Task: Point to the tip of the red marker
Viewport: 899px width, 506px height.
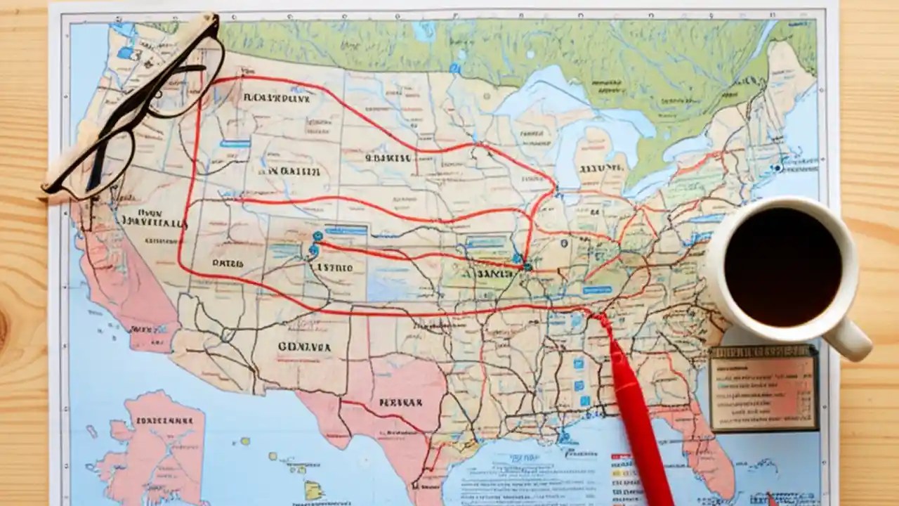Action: pos(601,318)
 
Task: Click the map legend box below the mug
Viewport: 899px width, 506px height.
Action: pos(763,388)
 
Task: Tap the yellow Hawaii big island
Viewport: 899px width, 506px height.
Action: pos(313,489)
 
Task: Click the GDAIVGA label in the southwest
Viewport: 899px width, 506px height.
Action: pos(303,346)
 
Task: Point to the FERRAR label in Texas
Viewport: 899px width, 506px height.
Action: pos(400,403)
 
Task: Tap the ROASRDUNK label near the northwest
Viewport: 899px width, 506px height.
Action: pos(276,98)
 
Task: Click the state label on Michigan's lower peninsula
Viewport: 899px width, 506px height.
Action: pos(601,168)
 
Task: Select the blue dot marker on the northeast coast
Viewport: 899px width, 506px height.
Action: pos(777,168)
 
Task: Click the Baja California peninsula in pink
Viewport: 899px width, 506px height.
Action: pos(126,295)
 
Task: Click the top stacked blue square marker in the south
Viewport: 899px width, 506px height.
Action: pos(578,363)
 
